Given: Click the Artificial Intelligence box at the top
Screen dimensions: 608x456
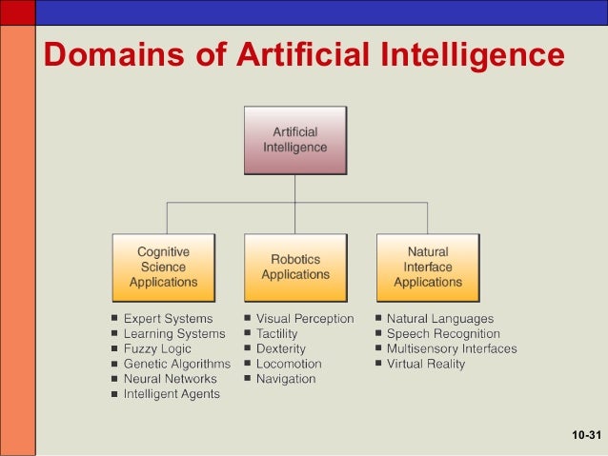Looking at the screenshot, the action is tap(294, 140).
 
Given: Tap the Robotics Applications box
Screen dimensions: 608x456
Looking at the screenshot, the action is tap(294, 267).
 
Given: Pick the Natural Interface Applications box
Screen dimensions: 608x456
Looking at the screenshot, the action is tap(427, 267).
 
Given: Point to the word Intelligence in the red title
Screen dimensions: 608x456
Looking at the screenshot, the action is tap(474, 56).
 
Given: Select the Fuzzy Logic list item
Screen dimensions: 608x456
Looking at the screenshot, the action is tap(157, 349).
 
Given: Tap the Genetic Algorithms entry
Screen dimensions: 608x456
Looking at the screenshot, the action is tap(176, 364).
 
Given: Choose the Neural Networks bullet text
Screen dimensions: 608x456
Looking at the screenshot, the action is tap(170, 379).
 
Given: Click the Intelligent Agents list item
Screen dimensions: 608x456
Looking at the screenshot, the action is tap(172, 394).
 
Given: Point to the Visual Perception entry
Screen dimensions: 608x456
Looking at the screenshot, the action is tap(304, 319).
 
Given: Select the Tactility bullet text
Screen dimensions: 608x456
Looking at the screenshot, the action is tap(276, 334).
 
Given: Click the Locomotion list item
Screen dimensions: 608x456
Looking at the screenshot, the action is tap(288, 364).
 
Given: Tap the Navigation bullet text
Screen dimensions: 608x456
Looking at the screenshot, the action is tap(285, 379).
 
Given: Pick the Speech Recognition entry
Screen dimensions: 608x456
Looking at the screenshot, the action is tap(442, 334).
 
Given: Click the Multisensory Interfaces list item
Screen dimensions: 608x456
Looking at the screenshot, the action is tap(451, 349).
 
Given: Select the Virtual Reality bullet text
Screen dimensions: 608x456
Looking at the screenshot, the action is tap(425, 364).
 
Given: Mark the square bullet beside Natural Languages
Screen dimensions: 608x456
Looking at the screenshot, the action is tap(378, 319).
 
